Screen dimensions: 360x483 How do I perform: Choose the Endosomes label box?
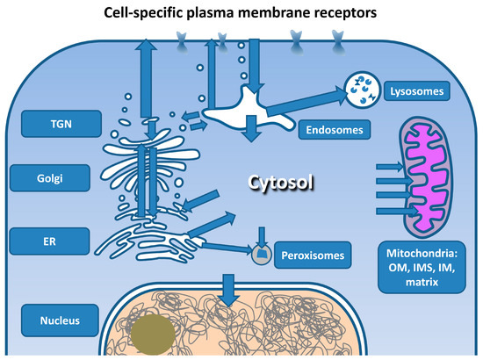pyautogui.click(x=333, y=131)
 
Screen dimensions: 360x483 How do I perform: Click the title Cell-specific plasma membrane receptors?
pyautogui.click(x=241, y=12)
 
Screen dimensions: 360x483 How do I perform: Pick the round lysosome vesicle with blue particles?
pyautogui.click(x=361, y=85)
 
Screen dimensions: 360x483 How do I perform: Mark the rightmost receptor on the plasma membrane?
pyautogui.click(x=337, y=38)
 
